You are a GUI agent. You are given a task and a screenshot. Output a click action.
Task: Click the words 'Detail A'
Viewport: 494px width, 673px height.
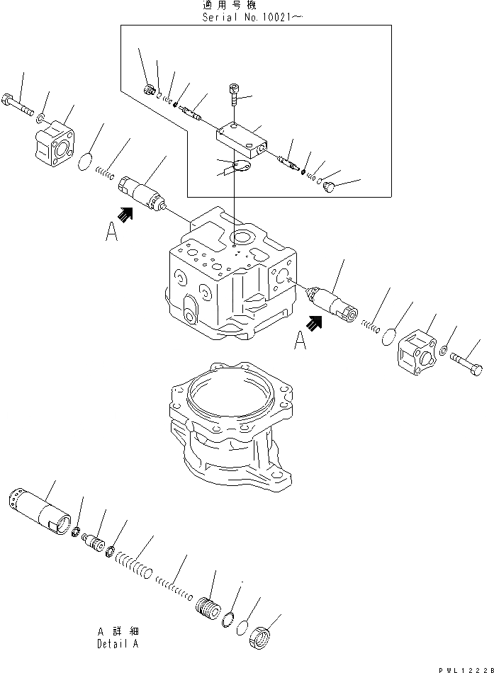click(x=118, y=644)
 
